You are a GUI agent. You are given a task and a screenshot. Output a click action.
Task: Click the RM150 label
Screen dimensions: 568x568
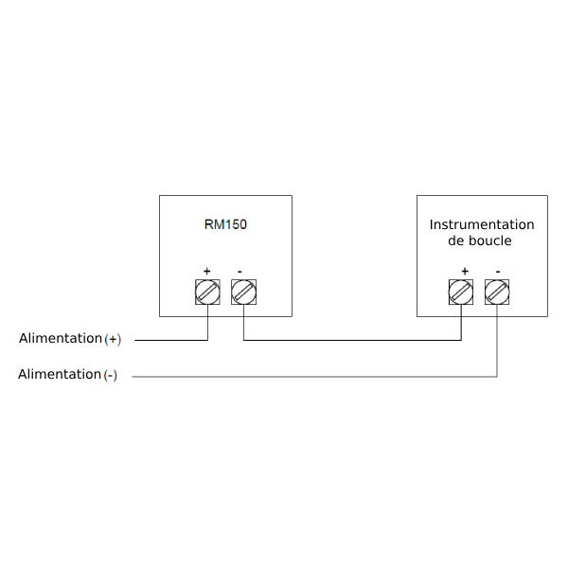(225, 224)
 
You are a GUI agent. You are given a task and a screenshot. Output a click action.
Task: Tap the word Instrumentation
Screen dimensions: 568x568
(482, 224)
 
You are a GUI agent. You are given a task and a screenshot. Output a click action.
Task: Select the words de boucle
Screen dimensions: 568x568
(480, 240)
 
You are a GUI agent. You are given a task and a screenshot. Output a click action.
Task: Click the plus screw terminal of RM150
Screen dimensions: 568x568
(207, 292)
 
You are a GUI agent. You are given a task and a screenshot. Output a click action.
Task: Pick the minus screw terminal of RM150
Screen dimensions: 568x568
(244, 292)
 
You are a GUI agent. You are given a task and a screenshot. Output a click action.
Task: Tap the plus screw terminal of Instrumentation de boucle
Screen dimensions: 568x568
(461, 292)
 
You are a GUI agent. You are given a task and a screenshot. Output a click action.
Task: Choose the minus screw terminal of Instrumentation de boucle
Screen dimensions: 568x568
(497, 292)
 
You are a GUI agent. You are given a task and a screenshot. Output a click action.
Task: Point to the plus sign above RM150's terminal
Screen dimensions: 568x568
(206, 271)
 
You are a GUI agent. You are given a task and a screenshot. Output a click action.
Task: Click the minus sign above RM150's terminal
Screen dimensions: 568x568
(240, 272)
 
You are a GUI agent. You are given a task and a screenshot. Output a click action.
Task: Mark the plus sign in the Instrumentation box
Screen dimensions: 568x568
(465, 271)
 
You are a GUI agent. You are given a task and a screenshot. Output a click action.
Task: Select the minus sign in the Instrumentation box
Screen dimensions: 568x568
(498, 272)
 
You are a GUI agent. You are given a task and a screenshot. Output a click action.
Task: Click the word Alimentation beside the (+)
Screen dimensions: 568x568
(61, 338)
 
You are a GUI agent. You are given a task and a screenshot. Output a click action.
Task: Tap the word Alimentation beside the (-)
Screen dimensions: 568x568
(60, 374)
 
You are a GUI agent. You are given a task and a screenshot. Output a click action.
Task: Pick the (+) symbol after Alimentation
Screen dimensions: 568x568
(113, 339)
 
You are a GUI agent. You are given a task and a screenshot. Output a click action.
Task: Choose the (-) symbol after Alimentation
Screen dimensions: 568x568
(111, 375)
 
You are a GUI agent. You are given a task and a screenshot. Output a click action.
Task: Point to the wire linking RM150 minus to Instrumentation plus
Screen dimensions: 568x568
(352, 340)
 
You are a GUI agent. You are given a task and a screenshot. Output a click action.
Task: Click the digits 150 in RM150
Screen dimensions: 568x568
(237, 224)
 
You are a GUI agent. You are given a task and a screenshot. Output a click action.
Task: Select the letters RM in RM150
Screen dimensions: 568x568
(215, 224)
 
